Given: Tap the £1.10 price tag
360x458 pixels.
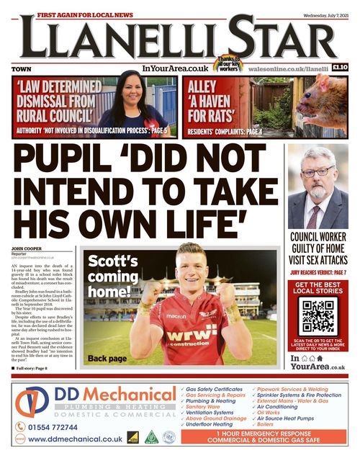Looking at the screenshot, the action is coord(341,68).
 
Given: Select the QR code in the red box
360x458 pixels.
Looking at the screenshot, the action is coord(318,314).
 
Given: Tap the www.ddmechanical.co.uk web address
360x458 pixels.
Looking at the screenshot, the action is coord(75,439).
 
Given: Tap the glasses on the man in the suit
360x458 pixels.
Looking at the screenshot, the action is coord(318,171).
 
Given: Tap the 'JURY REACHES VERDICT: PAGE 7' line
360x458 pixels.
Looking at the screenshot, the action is coord(318,273).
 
